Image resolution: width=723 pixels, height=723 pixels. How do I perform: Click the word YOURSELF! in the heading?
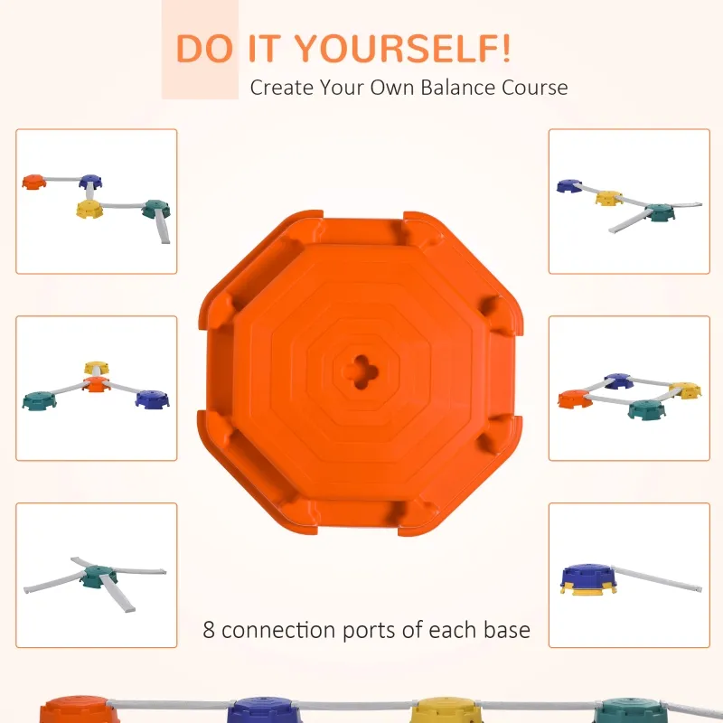402,49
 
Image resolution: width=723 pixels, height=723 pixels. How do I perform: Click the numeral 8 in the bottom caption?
209,630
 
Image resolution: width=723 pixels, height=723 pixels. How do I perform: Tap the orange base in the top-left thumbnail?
34,182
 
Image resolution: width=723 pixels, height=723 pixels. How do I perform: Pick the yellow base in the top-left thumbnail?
89,209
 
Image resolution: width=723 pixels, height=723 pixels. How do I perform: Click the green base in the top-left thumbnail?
155,209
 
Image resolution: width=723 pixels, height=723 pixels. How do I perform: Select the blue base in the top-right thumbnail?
569,186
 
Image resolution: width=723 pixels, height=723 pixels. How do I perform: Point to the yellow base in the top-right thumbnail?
609,198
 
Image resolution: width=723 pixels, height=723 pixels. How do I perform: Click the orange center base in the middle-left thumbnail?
97,384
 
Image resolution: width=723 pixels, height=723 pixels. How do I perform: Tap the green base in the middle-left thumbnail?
40,400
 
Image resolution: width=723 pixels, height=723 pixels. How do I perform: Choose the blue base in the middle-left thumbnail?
152,399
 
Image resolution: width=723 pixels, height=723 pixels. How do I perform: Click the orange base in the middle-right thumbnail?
575,399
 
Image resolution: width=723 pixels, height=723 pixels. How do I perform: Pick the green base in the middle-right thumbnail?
647,409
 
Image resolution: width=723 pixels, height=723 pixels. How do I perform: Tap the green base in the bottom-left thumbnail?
99,577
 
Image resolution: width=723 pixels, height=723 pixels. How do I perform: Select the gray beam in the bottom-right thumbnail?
657,579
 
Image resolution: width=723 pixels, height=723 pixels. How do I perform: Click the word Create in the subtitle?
281,88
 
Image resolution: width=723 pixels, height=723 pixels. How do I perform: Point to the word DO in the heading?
204,49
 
